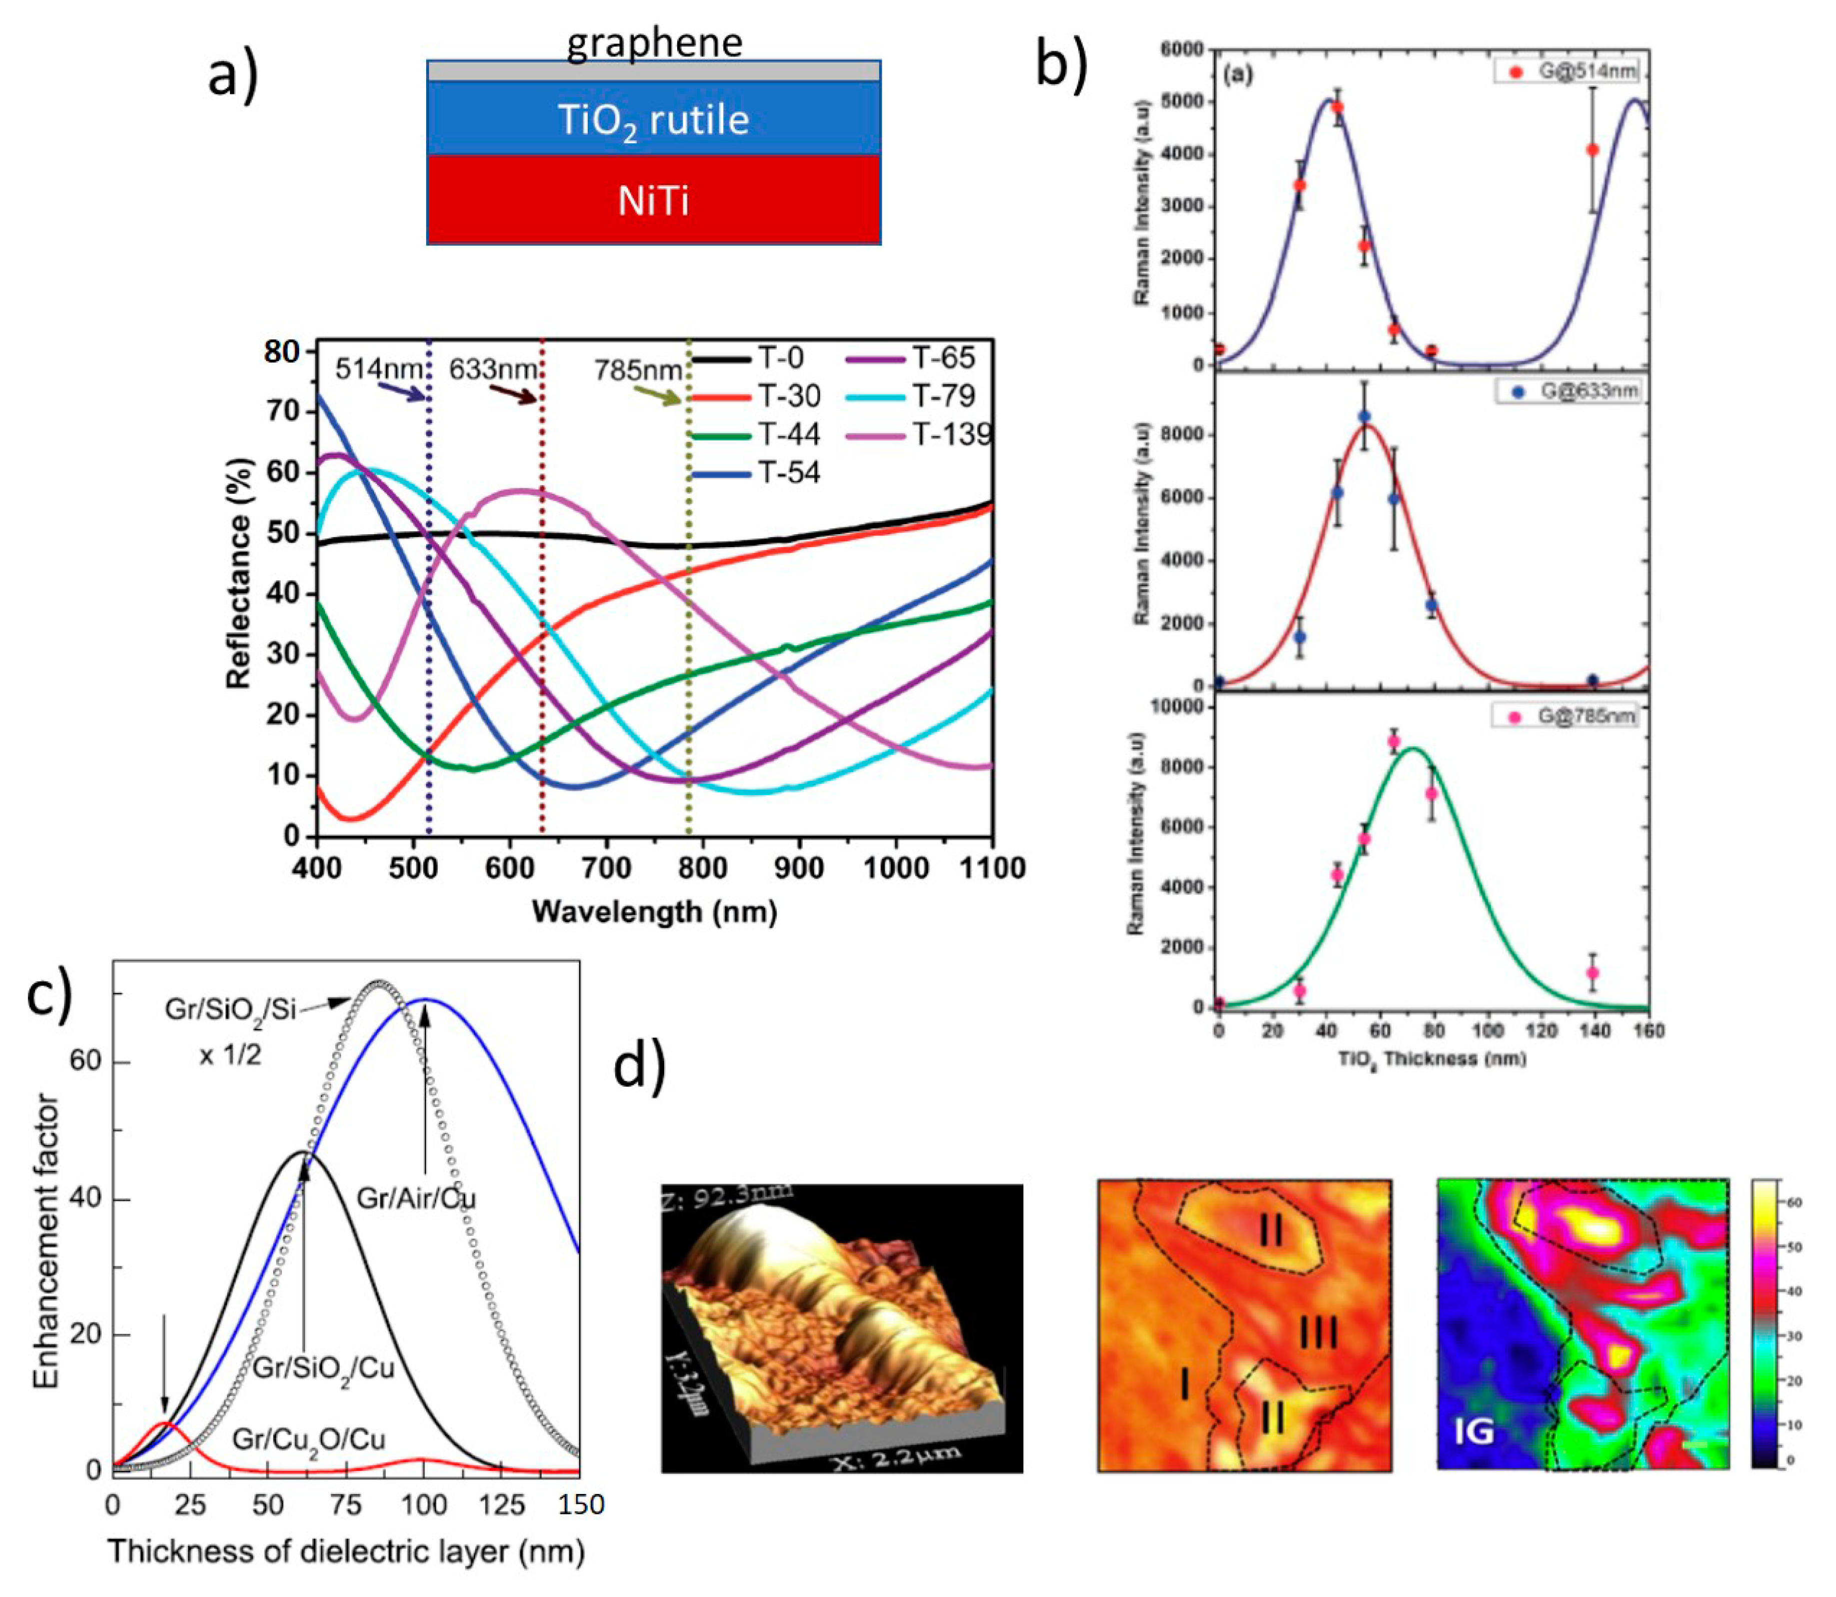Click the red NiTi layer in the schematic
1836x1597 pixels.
653,201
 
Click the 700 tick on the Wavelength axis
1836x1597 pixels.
606,868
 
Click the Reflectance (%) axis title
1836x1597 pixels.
239,573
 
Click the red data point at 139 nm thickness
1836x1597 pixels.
1593,150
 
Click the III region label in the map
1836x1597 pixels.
1317,1334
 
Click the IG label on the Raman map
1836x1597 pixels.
1473,1432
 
